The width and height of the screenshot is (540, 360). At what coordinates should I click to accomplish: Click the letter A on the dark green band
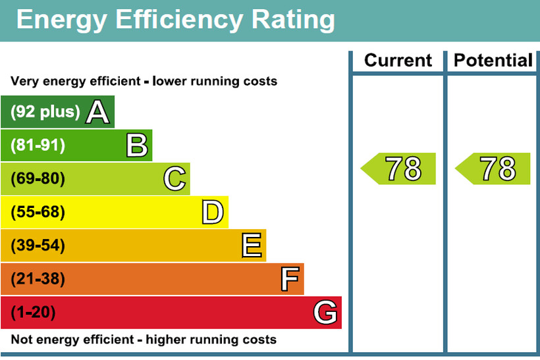point(97,112)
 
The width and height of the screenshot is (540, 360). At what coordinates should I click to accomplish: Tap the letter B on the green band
point(136,145)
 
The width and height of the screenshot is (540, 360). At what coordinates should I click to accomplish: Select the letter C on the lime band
point(175,179)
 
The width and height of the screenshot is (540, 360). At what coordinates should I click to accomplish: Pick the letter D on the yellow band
point(213,213)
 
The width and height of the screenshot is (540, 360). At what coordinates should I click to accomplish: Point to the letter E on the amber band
point(252,246)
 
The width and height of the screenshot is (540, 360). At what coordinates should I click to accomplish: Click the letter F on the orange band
point(290,279)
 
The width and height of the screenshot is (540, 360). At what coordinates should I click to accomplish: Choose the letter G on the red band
point(326,313)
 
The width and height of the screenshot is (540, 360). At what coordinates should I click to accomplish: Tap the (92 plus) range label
point(45,112)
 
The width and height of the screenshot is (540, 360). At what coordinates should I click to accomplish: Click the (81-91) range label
point(38,145)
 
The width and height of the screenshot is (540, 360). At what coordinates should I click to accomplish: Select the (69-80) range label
point(38,179)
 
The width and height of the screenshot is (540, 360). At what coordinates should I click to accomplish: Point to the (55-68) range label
point(38,213)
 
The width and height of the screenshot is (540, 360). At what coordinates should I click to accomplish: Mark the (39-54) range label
point(38,246)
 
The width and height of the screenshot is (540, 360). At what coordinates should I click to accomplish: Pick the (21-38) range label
point(38,279)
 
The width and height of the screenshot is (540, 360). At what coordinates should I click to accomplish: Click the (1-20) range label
point(33,313)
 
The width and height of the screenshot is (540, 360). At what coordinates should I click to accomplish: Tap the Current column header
point(398,61)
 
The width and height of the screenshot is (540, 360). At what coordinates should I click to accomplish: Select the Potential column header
point(493,61)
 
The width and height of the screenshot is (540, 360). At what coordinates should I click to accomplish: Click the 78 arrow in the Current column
point(399,169)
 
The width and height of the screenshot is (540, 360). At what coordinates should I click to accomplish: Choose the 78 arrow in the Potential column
point(494,169)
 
